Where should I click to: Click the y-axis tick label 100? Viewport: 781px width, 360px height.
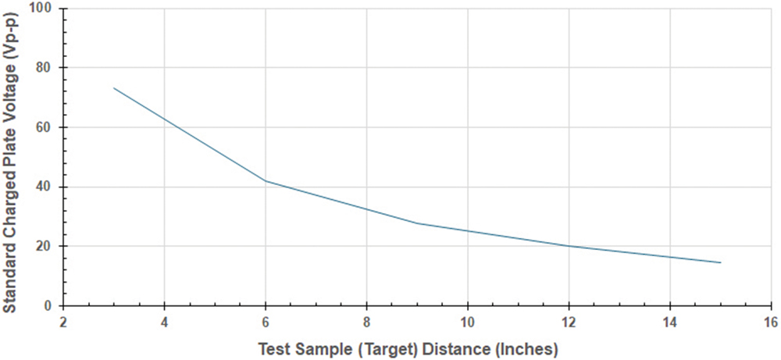tap(44, 9)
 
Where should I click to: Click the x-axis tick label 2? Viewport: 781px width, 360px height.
tap(63, 321)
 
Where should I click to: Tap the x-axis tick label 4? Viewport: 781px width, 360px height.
tap(164, 321)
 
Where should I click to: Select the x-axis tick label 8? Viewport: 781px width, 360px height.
tap(366, 321)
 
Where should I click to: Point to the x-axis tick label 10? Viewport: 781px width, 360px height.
tap(467, 321)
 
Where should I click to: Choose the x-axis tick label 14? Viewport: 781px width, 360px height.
tap(669, 321)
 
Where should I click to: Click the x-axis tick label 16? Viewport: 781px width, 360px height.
tap(770, 321)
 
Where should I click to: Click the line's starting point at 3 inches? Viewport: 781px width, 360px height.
tap(114, 88)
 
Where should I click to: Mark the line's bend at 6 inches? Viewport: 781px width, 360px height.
tap(266, 180)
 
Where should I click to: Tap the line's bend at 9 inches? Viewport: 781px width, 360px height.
tap(417, 223)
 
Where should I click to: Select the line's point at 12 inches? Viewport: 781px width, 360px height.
tap(569, 246)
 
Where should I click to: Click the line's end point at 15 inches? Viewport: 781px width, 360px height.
tap(720, 262)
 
